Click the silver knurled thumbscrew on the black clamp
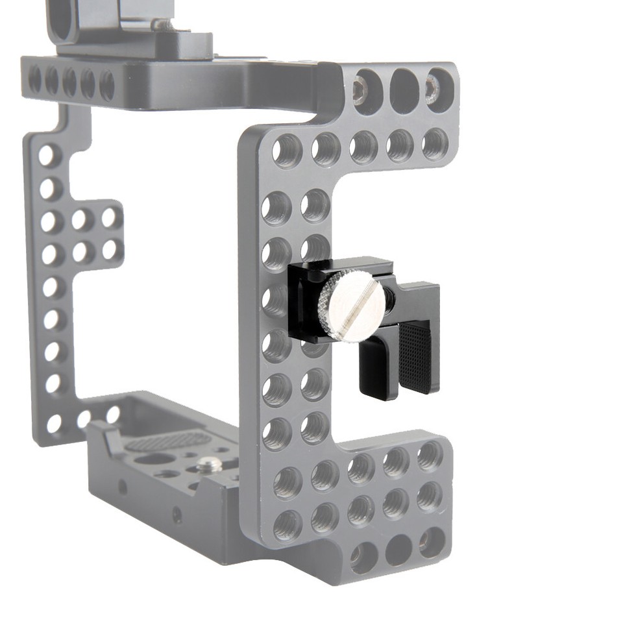pos(350,305)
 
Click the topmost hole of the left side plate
pos(47,156)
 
